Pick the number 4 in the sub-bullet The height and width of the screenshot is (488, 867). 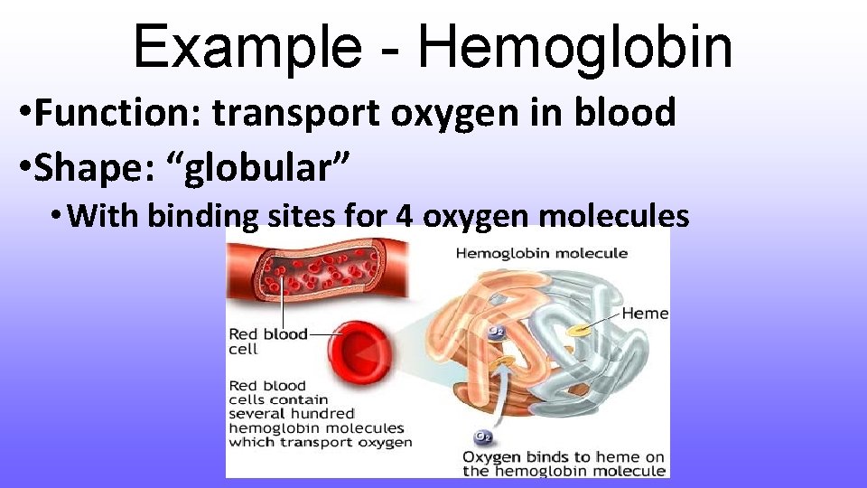click(x=405, y=216)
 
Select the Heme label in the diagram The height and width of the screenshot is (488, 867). click(x=645, y=314)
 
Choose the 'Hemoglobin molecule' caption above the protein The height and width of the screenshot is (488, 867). click(x=541, y=253)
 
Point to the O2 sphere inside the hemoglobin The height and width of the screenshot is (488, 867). click(x=496, y=332)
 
